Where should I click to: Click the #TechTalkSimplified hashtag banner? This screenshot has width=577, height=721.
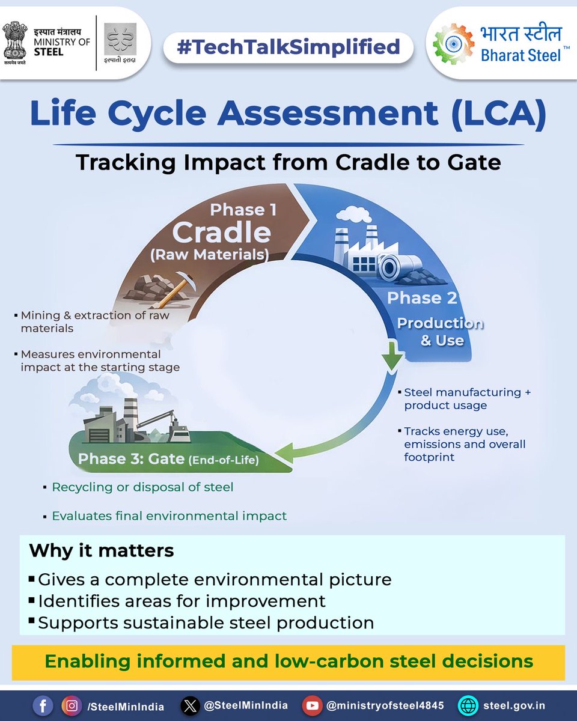[x=288, y=46]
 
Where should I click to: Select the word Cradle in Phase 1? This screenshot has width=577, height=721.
[x=222, y=233]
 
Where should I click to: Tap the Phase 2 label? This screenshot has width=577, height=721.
[x=422, y=298]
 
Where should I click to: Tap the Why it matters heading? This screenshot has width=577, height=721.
[x=102, y=550]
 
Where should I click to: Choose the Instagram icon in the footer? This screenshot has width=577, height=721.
[x=72, y=705]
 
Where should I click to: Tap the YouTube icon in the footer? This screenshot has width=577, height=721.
[x=312, y=705]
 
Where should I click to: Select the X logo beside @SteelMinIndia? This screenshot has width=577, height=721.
[x=191, y=705]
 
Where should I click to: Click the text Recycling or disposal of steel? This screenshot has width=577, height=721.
[x=142, y=487]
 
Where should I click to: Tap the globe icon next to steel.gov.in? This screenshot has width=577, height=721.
[x=467, y=705]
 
